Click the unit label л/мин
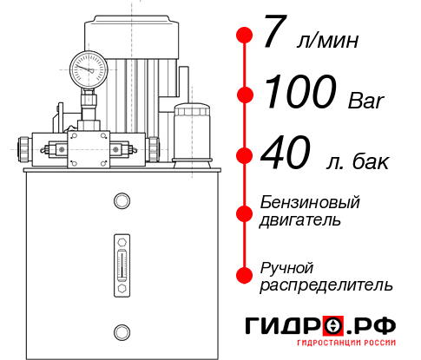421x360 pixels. pyautogui.click(x=326, y=40)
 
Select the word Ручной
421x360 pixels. pyautogui.click(x=286, y=266)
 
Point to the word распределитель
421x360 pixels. pyautogui.click(x=326, y=284)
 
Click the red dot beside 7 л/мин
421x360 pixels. pyautogui.click(x=245, y=36)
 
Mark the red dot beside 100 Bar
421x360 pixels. pyautogui.click(x=245, y=95)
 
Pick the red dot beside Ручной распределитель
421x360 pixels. pyautogui.click(x=245, y=274)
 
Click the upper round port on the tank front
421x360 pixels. pyautogui.click(x=121, y=202)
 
